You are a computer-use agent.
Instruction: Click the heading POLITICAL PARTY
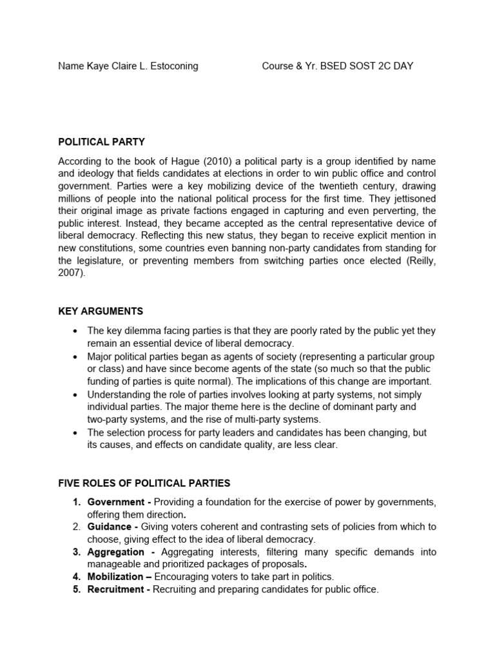click(101, 141)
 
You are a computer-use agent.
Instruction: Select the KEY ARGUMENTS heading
click(101, 311)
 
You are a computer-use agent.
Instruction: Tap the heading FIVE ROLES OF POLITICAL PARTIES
click(144, 483)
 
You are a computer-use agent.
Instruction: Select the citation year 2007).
click(72, 273)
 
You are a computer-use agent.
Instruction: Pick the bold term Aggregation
click(117, 552)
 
